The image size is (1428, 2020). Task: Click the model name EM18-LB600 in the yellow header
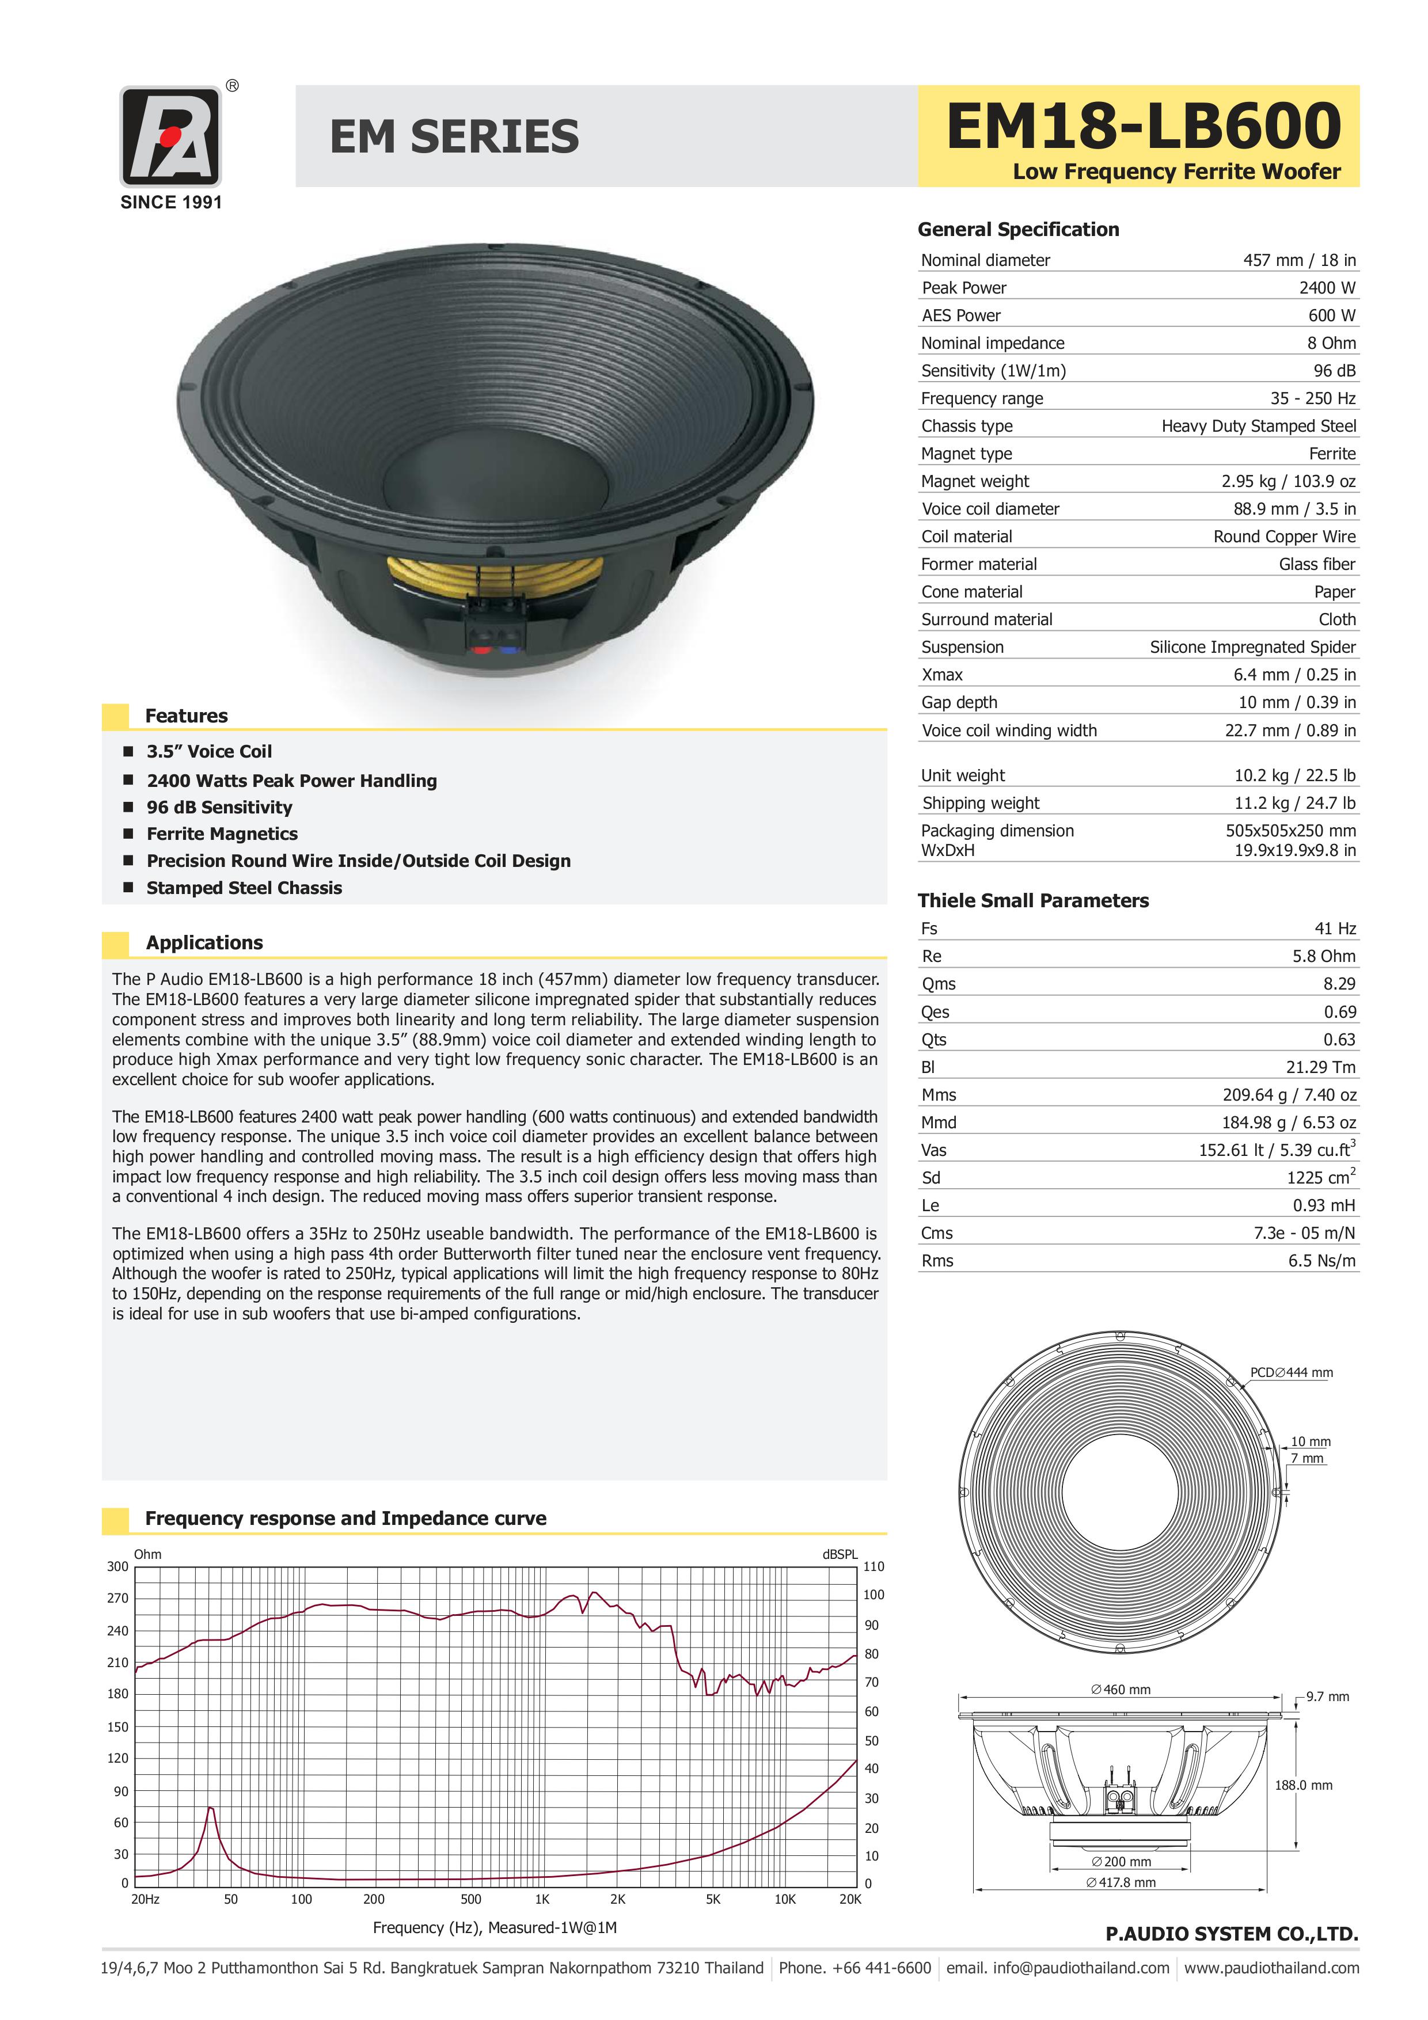click(1143, 126)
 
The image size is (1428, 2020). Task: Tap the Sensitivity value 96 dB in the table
click(1334, 370)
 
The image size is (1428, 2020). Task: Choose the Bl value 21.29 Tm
click(1321, 1067)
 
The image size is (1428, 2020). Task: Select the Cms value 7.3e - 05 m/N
click(1304, 1232)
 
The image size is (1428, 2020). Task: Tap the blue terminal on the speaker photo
click(508, 650)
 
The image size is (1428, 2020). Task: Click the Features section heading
click(187, 716)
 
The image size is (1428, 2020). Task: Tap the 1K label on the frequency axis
click(542, 1900)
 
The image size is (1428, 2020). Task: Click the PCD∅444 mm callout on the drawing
click(1291, 1372)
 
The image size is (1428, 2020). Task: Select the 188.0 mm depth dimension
click(1303, 1785)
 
